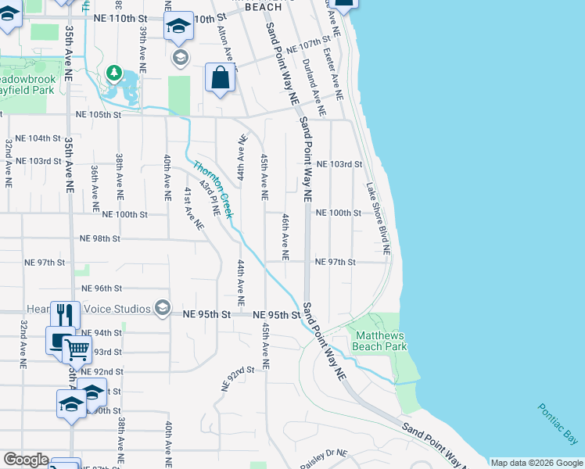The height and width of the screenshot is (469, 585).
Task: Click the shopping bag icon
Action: coord(221,78)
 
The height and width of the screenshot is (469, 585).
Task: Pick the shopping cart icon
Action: coord(77,349)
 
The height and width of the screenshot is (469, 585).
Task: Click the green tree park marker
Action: coord(115,73)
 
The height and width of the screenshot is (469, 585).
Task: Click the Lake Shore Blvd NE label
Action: coord(378,219)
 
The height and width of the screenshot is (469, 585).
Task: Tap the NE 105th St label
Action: coord(99,114)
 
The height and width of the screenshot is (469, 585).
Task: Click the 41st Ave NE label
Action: coord(193,208)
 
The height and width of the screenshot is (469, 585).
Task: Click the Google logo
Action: coord(26,460)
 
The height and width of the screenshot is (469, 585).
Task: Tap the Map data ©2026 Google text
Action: coord(537,463)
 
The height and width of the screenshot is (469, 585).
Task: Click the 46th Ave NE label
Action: coord(285,237)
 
